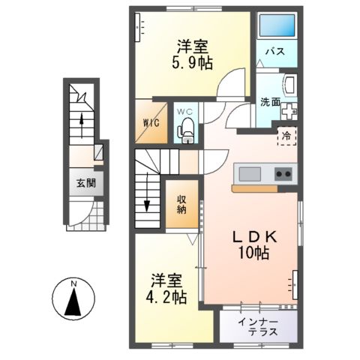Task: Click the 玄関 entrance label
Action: pyautogui.click(x=85, y=183)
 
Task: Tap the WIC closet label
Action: pyautogui.click(x=149, y=123)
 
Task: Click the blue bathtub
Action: pyautogui.click(x=275, y=26)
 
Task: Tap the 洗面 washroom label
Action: pyautogui.click(x=270, y=102)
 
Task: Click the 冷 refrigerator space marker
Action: pyautogui.click(x=287, y=137)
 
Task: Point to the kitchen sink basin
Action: pyautogui.click(x=249, y=174)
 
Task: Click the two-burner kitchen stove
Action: pyautogui.click(x=283, y=174)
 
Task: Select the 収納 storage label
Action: pyautogui.click(x=183, y=204)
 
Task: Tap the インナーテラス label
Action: pyautogui.click(x=257, y=327)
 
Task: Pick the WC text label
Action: pyautogui.click(x=184, y=112)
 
